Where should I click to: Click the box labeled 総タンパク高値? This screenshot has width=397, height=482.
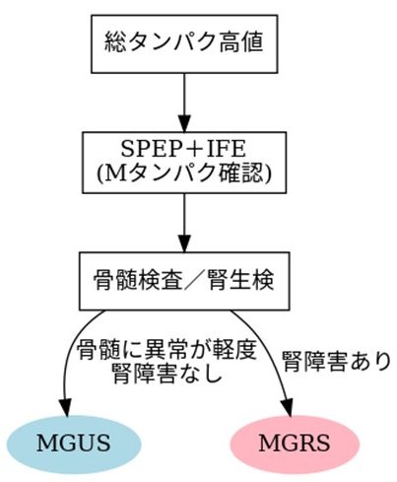click(184, 43)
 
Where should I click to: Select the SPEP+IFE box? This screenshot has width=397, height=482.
click(184, 163)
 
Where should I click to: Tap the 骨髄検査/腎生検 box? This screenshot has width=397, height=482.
click(184, 281)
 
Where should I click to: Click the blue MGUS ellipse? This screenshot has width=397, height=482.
click(74, 444)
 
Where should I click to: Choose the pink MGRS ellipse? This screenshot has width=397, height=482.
click(295, 444)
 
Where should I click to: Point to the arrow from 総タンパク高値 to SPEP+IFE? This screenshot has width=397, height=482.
click(184, 103)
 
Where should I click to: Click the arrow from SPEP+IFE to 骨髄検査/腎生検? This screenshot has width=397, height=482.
click(184, 223)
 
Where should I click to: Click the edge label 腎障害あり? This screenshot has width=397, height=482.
click(337, 362)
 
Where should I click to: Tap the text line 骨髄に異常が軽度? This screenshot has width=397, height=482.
click(166, 350)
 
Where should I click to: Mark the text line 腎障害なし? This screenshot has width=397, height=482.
click(166, 374)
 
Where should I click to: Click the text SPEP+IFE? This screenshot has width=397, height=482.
click(183, 149)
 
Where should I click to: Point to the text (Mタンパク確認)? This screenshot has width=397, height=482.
click(184, 173)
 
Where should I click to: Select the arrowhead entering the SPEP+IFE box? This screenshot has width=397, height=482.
click(184, 123)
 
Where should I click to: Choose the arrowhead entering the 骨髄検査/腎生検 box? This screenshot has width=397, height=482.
click(184, 243)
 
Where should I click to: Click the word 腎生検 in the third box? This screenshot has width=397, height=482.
click(240, 280)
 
